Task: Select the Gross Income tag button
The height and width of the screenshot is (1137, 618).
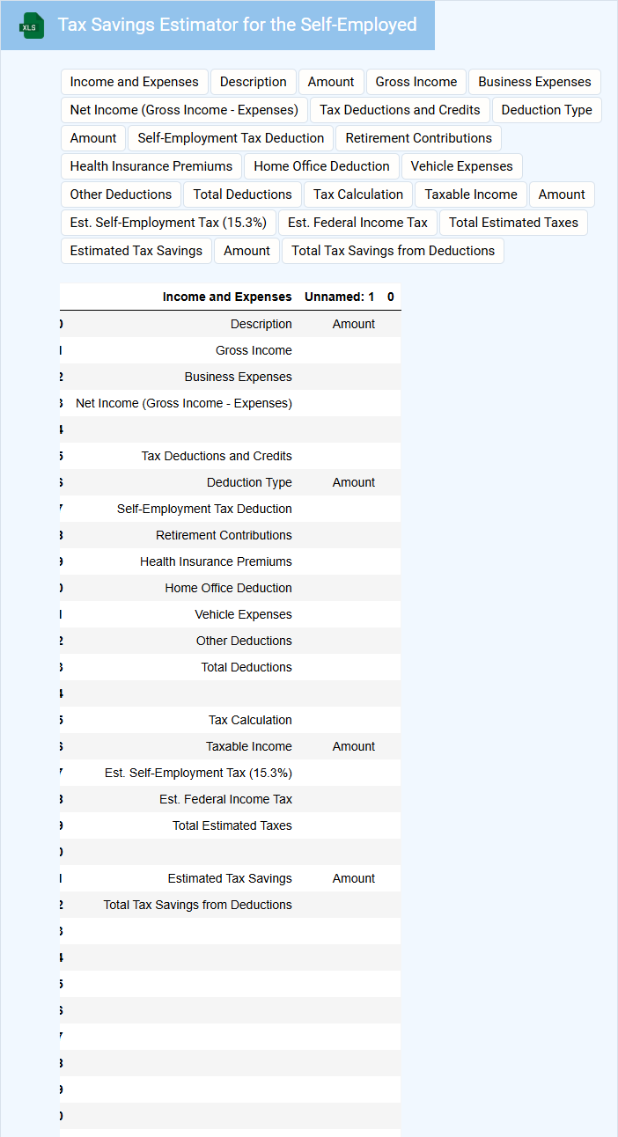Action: coord(416,82)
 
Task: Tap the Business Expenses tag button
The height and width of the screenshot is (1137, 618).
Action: coord(534,82)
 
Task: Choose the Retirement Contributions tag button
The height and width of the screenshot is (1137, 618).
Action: coord(418,138)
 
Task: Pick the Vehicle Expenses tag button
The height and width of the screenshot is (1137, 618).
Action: coord(461,166)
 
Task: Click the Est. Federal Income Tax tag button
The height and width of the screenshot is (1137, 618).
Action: coord(357,223)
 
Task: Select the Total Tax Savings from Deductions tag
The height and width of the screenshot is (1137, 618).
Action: coord(393,251)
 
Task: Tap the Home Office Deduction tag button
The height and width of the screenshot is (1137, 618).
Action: coord(321,166)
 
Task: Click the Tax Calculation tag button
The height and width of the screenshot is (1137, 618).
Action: coord(358,194)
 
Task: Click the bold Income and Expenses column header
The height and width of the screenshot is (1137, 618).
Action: coord(227,297)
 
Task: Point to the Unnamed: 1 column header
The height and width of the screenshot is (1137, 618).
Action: coord(340,297)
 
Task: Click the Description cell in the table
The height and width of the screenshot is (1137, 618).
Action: coord(261,324)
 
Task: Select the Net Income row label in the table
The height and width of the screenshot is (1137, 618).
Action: coord(184,403)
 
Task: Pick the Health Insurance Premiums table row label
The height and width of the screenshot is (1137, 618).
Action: coord(216,561)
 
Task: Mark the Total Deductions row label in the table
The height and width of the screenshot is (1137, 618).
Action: coord(246,667)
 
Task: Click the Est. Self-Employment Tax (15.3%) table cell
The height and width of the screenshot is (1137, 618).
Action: coord(198,773)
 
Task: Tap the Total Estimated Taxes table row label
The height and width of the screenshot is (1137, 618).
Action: coord(232,825)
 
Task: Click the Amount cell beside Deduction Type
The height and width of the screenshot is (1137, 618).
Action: coord(354,482)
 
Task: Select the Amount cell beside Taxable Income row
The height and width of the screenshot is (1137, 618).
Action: coord(354,746)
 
